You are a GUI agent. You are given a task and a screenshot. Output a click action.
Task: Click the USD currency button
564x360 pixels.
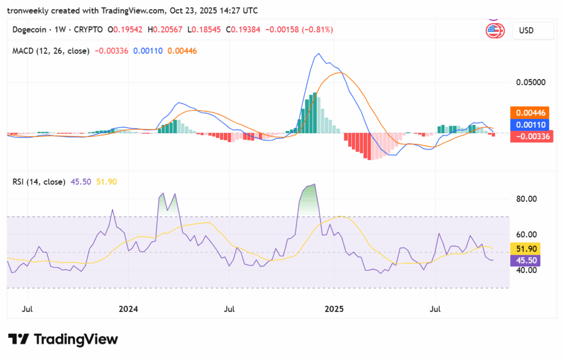(x=532, y=31)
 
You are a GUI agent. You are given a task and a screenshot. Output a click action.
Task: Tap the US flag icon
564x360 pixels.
(x=495, y=31)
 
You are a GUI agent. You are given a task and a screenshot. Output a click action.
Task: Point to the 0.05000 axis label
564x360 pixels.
(x=530, y=83)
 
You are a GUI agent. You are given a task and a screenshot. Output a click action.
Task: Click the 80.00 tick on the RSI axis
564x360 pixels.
(x=526, y=199)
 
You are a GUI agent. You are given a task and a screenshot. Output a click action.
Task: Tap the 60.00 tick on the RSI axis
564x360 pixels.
(x=526, y=234)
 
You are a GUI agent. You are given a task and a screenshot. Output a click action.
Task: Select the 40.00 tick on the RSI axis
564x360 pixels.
(x=526, y=270)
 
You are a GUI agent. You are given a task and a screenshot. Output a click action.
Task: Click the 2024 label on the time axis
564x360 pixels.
(x=128, y=309)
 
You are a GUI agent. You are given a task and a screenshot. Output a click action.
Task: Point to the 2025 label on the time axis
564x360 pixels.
(x=334, y=309)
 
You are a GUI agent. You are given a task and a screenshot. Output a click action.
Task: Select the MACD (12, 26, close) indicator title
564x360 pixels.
(x=51, y=51)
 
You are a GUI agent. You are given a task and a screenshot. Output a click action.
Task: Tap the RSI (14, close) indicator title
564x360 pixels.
(x=39, y=182)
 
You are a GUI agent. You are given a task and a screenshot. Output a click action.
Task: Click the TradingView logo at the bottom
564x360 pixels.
(x=63, y=339)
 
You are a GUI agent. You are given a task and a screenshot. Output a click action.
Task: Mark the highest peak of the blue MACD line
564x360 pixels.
(x=318, y=54)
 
